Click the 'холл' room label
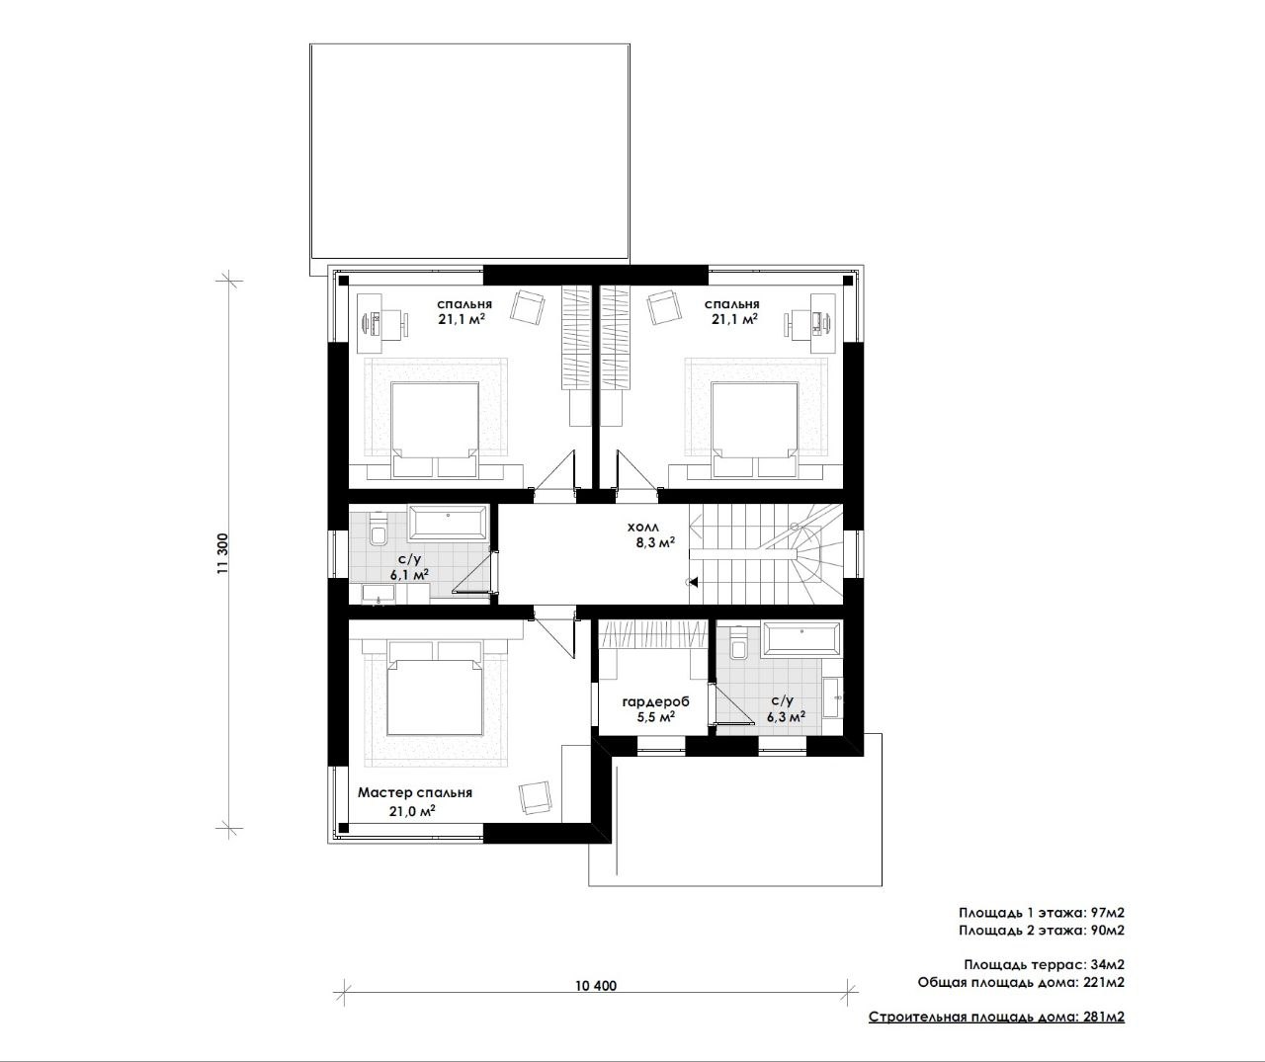[642, 528]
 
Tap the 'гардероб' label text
[655, 701]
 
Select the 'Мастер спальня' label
[414, 792]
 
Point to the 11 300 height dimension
[223, 553]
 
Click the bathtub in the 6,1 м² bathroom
[448, 523]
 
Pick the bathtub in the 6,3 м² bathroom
[801, 638]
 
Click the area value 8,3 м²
[655, 542]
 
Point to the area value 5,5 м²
[656, 717]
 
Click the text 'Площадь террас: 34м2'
[1044, 964]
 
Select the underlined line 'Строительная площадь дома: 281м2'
[996, 1018]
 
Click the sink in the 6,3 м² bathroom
[832, 697]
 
